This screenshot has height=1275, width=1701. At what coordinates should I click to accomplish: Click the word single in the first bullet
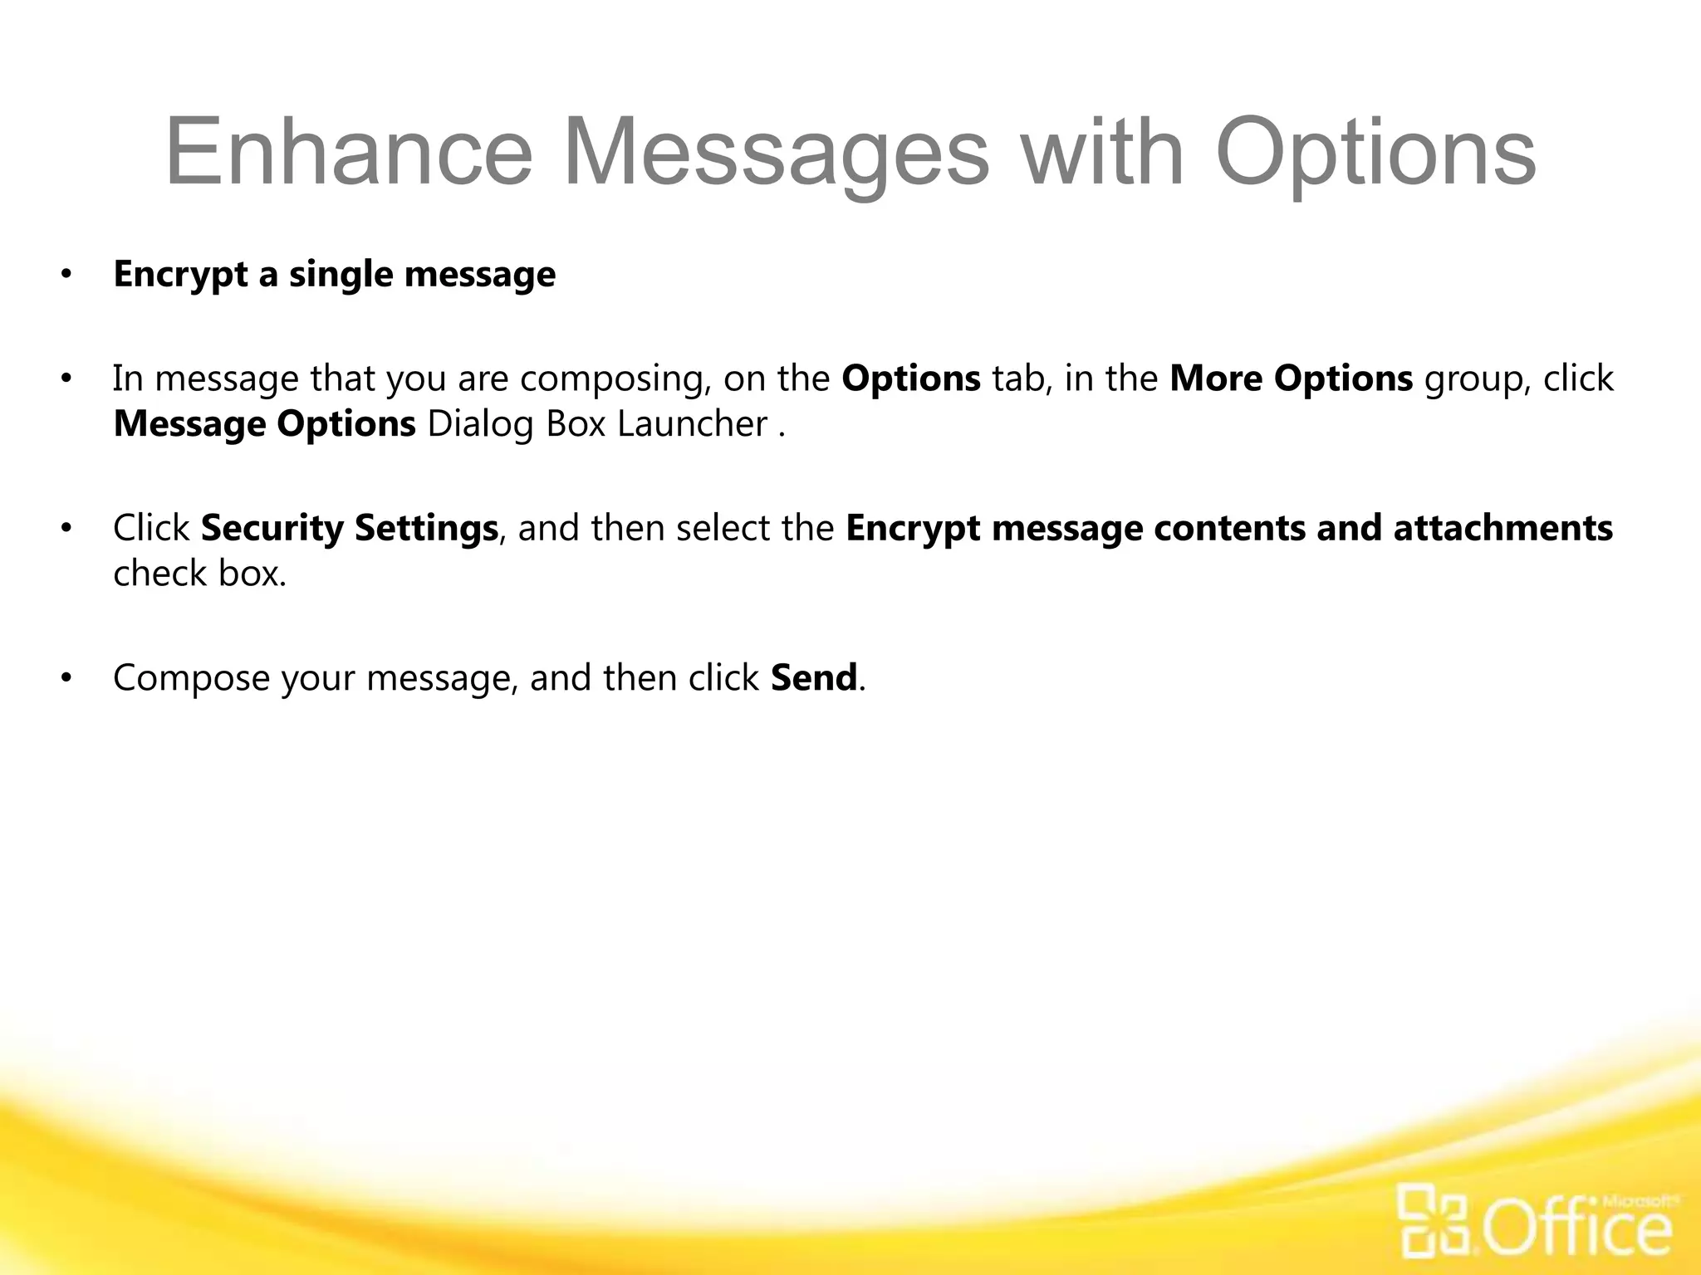(x=341, y=275)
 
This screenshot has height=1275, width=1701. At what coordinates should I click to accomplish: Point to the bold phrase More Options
(x=1291, y=379)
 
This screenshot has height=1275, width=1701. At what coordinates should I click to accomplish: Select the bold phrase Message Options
(x=264, y=424)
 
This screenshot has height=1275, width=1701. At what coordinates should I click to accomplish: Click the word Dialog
(x=479, y=424)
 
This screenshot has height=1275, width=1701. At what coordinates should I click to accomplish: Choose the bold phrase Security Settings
(x=349, y=529)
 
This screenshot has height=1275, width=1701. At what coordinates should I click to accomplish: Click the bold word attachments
(x=1503, y=529)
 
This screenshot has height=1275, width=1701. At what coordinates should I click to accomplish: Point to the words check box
(x=199, y=574)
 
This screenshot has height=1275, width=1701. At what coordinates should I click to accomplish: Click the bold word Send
(x=813, y=678)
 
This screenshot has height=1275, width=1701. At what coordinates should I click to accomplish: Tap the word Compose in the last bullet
(x=191, y=678)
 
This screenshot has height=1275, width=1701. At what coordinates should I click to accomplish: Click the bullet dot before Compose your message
(x=66, y=679)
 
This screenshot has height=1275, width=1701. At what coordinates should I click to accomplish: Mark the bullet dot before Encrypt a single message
(x=66, y=275)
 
